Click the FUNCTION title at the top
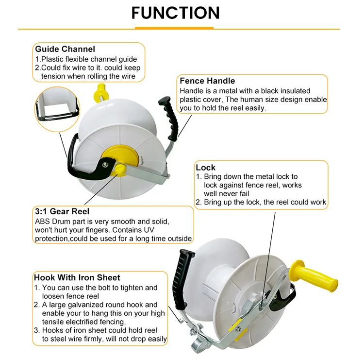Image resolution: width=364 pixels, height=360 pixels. (x=175, y=13)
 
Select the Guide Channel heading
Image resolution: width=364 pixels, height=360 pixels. (x=65, y=49)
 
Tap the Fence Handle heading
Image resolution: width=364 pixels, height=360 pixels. (x=207, y=81)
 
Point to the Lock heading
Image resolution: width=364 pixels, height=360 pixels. (x=206, y=167)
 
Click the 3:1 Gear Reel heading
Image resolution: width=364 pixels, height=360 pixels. (x=62, y=211)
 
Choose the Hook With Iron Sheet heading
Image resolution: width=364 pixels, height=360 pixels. (x=77, y=277)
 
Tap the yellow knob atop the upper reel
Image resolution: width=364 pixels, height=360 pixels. (x=102, y=90)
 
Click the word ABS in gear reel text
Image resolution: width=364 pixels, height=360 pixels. (x=43, y=221)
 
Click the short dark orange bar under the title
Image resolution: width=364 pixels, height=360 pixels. (x=176, y=28)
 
